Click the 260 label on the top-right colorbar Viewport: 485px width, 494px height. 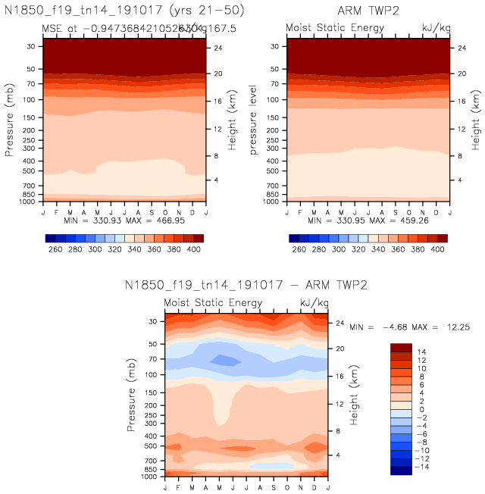(x=299, y=249)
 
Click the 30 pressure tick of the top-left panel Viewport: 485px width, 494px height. (x=32, y=46)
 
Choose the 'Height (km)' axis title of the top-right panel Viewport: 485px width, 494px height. (x=475, y=121)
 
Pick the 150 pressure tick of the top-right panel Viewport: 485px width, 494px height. (x=274, y=117)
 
